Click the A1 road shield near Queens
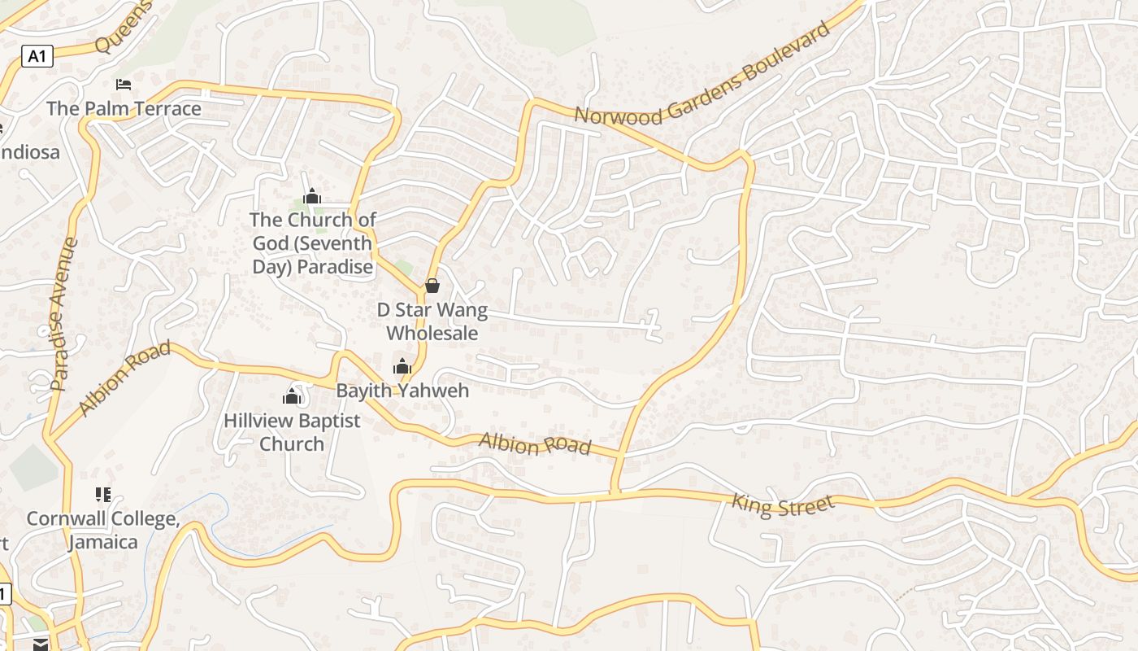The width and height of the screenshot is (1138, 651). click(37, 56)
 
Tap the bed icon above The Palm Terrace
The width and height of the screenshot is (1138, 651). click(124, 85)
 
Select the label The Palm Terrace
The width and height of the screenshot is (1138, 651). click(124, 108)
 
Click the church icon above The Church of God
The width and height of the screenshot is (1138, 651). click(312, 196)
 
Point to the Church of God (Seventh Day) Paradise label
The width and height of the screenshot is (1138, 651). click(312, 242)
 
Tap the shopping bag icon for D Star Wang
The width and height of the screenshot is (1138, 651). click(432, 286)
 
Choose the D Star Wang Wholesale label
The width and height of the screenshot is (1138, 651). click(432, 321)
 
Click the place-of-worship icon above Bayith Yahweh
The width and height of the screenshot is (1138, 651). click(402, 366)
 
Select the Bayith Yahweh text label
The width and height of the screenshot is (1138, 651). click(402, 391)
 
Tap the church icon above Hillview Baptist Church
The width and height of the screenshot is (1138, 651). click(292, 396)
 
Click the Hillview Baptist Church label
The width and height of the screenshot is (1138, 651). click(292, 432)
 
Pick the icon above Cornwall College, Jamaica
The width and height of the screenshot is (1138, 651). click(102, 494)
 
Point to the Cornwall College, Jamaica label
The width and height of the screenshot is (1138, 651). click(102, 530)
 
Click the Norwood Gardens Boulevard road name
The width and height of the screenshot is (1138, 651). click(702, 75)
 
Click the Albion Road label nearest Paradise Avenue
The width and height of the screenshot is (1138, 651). click(125, 378)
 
